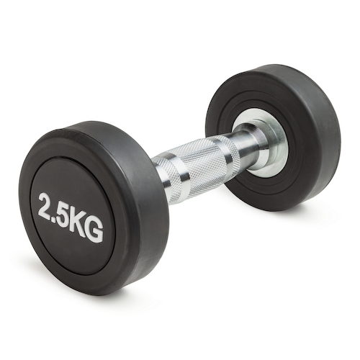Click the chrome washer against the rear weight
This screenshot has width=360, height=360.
coord(261,137)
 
